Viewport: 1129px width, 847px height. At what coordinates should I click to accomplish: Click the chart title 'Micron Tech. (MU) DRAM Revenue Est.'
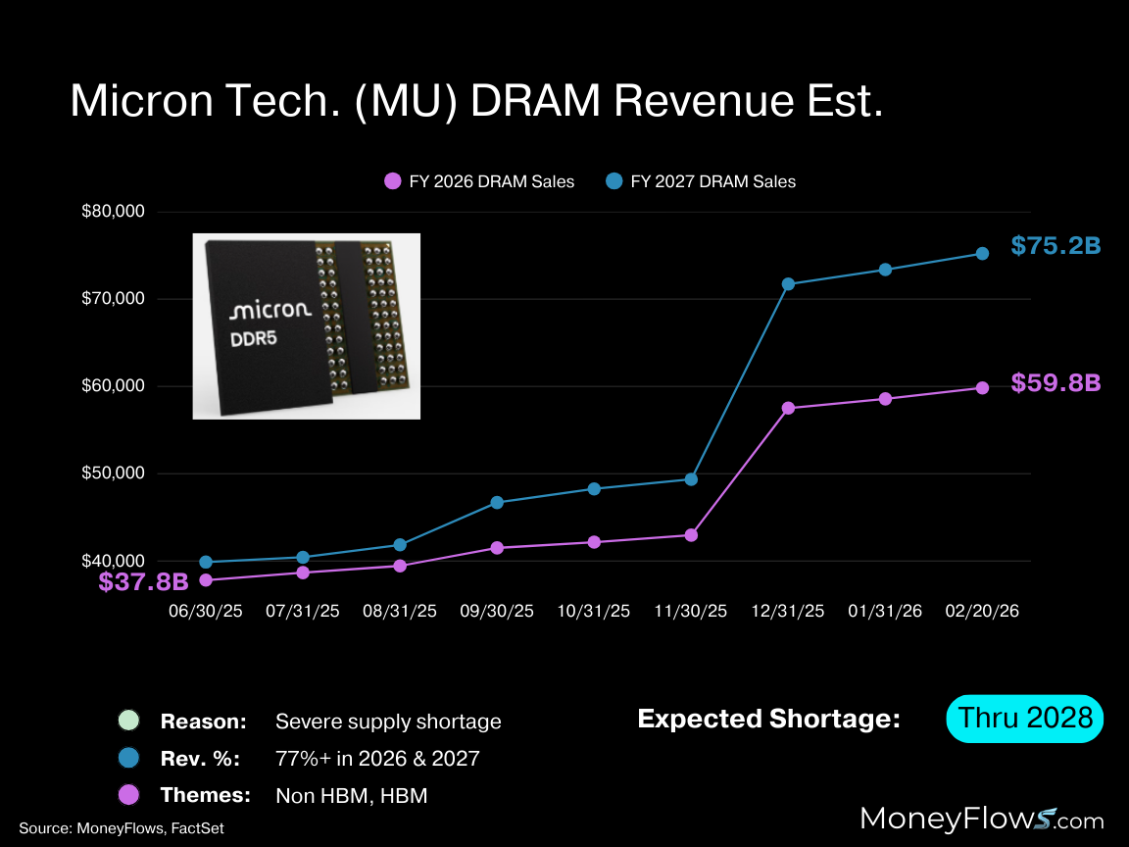[x=476, y=101]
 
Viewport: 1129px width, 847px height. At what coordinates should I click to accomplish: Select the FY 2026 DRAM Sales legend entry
[x=479, y=181]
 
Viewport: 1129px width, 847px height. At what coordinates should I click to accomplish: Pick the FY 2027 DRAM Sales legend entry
[x=701, y=181]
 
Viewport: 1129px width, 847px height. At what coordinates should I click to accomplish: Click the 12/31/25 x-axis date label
[x=788, y=611]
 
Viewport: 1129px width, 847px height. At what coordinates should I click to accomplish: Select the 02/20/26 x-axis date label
[x=982, y=611]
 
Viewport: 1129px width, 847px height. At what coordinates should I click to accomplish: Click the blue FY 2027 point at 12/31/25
[x=788, y=284]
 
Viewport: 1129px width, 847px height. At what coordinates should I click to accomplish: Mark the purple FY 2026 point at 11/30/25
[x=691, y=535]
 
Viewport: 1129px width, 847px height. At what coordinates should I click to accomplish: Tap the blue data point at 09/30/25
[x=497, y=502]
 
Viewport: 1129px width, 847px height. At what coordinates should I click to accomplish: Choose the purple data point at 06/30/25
[x=206, y=580]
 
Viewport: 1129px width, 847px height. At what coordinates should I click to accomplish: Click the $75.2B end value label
[x=1055, y=246]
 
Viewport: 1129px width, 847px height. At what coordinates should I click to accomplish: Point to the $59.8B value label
[x=1055, y=383]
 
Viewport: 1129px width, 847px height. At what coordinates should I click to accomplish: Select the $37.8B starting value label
[x=143, y=582]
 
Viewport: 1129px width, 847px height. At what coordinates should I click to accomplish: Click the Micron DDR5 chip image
[x=306, y=325]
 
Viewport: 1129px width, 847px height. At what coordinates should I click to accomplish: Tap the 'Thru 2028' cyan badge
[x=1025, y=718]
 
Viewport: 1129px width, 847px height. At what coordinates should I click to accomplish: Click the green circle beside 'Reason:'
[x=127, y=722]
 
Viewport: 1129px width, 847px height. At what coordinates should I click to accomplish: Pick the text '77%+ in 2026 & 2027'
[x=378, y=759]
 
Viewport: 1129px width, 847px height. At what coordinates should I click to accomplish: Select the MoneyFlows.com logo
[x=981, y=820]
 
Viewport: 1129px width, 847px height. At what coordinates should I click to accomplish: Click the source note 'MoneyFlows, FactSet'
[x=122, y=828]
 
